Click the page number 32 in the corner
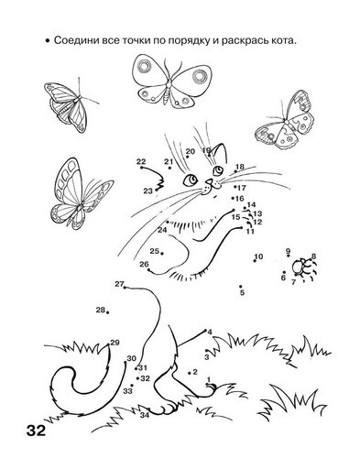(x=36, y=431)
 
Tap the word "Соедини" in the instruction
(x=72, y=40)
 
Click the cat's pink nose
(x=209, y=182)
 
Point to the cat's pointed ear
(x=221, y=154)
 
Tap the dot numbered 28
(x=108, y=312)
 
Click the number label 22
(x=141, y=161)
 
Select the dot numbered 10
(x=255, y=260)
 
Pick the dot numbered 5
(x=241, y=287)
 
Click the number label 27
(x=119, y=284)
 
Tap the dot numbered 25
(x=162, y=253)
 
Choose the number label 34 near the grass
(x=145, y=415)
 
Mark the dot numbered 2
(x=190, y=373)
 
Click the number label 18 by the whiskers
(x=240, y=167)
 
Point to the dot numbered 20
(x=188, y=157)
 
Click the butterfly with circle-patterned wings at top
(x=169, y=81)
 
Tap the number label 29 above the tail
(x=115, y=343)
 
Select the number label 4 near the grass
(x=210, y=332)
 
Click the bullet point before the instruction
(x=47, y=41)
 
